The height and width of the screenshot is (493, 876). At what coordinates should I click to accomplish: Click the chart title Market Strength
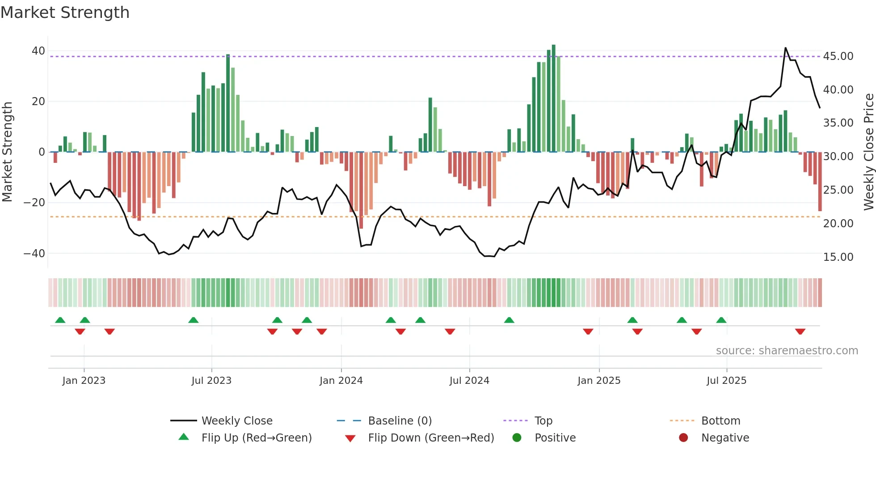point(65,13)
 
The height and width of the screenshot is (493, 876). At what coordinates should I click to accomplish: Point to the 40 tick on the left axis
point(38,51)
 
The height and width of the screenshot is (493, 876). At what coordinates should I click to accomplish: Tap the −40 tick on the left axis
point(34,254)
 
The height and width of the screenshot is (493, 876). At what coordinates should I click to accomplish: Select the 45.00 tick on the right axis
point(838,56)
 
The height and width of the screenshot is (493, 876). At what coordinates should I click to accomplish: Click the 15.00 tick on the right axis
point(838,257)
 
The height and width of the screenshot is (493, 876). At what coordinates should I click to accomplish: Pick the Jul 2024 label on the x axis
point(469,381)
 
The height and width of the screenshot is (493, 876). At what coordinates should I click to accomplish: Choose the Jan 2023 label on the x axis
point(84,381)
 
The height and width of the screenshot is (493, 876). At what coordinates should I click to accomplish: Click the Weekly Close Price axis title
point(868,152)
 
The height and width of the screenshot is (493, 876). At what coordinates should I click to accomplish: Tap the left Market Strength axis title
point(7,152)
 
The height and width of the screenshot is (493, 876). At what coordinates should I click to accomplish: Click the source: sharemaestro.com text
point(787,351)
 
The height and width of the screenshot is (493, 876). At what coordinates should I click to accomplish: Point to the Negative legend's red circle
point(683,438)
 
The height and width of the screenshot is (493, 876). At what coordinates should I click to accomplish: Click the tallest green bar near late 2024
point(554,98)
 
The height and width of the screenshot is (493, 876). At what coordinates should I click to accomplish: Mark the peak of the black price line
point(785,48)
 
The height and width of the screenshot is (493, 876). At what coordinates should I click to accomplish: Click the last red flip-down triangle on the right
point(800,331)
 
